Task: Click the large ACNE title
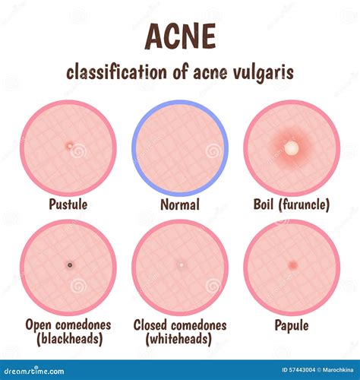(x=180, y=35)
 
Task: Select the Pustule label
(x=68, y=204)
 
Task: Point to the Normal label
(x=180, y=204)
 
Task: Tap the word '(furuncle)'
(x=308, y=204)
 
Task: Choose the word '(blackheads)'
(x=68, y=339)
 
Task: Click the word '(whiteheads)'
(x=180, y=339)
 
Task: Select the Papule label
(x=292, y=325)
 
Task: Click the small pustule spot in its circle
(x=69, y=145)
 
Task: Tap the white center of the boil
(x=290, y=147)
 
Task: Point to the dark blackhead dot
(x=70, y=265)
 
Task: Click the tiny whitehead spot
(x=181, y=265)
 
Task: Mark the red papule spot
(x=292, y=265)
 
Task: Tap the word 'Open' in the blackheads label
(x=38, y=325)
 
